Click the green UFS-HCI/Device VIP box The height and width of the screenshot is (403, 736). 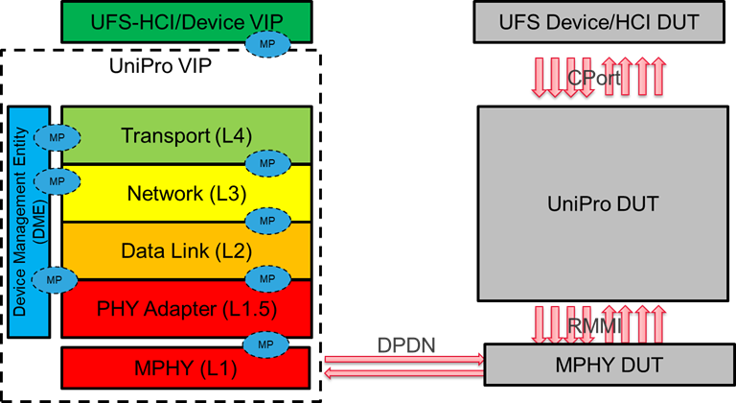[x=153, y=20]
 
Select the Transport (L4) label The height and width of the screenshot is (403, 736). [x=186, y=135]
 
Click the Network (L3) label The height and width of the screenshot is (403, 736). [x=186, y=194]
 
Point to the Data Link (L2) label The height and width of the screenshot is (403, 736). [x=186, y=251]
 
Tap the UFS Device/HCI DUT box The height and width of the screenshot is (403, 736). [x=599, y=20]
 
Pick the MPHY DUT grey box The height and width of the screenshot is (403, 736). [x=609, y=366]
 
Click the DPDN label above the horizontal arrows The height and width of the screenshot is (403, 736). [x=404, y=343]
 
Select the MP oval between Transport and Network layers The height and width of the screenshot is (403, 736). [x=267, y=163]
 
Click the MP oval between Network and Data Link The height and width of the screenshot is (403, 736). [x=267, y=221]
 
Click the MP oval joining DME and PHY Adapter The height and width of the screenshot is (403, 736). [x=55, y=279]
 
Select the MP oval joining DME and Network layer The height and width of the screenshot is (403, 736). [x=55, y=180]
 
